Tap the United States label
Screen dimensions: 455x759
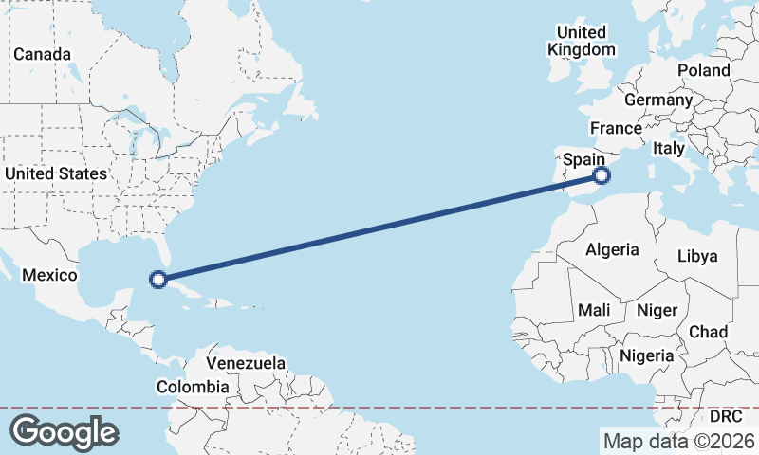tap(55, 173)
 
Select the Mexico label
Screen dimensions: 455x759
tap(48, 274)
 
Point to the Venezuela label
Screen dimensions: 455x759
tap(246, 363)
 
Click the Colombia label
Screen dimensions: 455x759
tap(193, 387)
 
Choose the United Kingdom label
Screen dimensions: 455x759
tap(583, 42)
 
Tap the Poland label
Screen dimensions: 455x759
tap(703, 70)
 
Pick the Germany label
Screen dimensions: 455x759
tap(658, 100)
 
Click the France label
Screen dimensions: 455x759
tap(616, 128)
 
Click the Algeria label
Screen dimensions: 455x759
tap(612, 250)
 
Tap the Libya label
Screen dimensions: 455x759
tap(697, 256)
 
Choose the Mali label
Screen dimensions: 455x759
tap(594, 310)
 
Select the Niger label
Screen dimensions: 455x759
tap(657, 310)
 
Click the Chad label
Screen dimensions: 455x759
tap(708, 332)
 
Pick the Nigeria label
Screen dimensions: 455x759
tap(646, 355)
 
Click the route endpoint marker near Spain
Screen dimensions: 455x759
tap(601, 175)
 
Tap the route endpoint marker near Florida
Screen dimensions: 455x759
tap(158, 280)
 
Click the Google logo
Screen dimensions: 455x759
tap(64, 432)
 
